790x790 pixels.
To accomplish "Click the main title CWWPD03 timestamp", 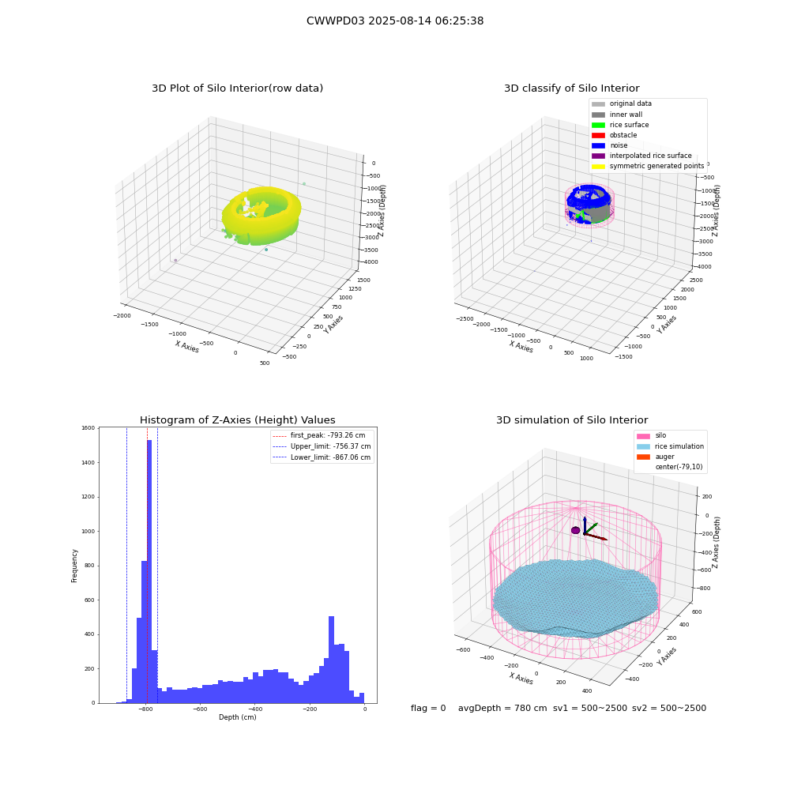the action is [395, 21].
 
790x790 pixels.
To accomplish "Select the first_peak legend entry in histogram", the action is [318, 435].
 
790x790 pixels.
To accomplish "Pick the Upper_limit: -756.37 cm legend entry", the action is [322, 446].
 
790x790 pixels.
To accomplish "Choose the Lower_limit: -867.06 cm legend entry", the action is [322, 457].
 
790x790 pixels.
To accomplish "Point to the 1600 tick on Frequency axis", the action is [88, 427].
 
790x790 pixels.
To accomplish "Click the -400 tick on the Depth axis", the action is [255, 709].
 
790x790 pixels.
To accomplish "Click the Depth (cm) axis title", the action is [238, 717].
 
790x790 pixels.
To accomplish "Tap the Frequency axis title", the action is [74, 566].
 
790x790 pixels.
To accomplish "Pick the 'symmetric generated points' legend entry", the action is [648, 166].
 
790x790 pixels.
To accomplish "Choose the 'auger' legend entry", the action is [656, 457].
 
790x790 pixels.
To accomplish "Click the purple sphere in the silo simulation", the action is [575, 530].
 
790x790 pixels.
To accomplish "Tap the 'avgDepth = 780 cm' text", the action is [502, 708].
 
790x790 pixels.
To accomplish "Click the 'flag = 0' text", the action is [428, 708].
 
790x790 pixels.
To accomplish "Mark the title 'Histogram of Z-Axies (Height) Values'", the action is [237, 419].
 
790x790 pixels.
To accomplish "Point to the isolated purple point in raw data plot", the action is [175, 261].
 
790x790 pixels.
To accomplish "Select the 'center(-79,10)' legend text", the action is [679, 467].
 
